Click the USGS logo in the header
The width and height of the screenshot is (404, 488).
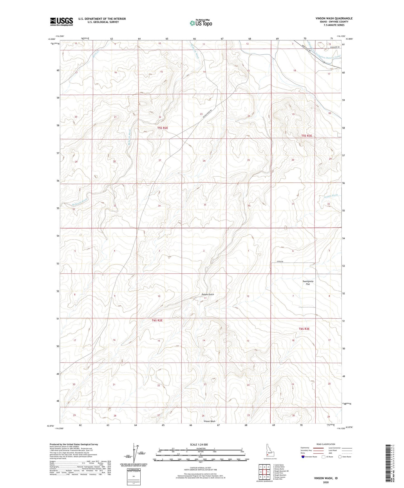tap(62, 22)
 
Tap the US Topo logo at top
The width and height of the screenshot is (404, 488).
tap(200, 23)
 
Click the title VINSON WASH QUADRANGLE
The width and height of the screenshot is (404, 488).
tap(334, 18)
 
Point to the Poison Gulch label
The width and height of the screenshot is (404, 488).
tap(208, 295)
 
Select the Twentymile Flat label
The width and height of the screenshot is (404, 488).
tap(308, 283)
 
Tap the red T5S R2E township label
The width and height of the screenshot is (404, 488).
tap(163, 128)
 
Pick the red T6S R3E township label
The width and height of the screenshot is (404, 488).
tap(304, 329)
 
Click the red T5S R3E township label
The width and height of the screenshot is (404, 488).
tap(306, 136)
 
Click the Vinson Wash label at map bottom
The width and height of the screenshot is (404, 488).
tap(209, 421)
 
